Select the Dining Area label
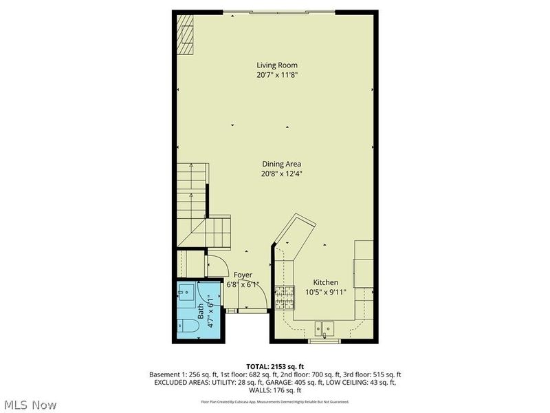point(282,164)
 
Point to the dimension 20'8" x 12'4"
point(282,174)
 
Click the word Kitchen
point(325,282)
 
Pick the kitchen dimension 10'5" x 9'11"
point(325,292)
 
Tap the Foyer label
point(243,275)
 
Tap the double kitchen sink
point(324,328)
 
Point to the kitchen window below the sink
point(324,341)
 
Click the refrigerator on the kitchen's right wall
point(364,264)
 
